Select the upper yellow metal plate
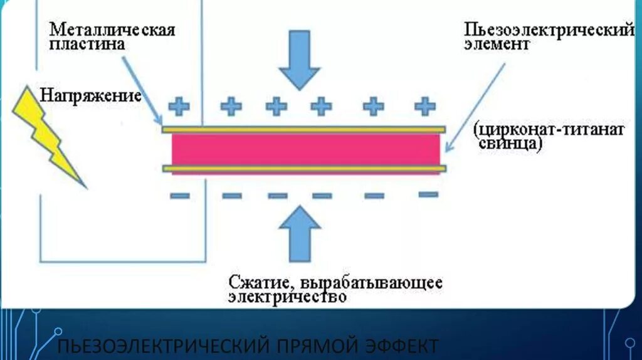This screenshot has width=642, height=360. click(303, 130)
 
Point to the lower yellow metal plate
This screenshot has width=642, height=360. click(303, 169)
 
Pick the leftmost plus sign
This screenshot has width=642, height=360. click(180, 106)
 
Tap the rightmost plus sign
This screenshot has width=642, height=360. click(425, 105)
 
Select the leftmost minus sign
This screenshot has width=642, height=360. click(180, 196)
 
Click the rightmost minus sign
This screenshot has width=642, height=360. click(428, 194)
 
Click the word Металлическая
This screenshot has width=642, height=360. click(112, 29)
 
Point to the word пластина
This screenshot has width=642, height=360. click(87, 44)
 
